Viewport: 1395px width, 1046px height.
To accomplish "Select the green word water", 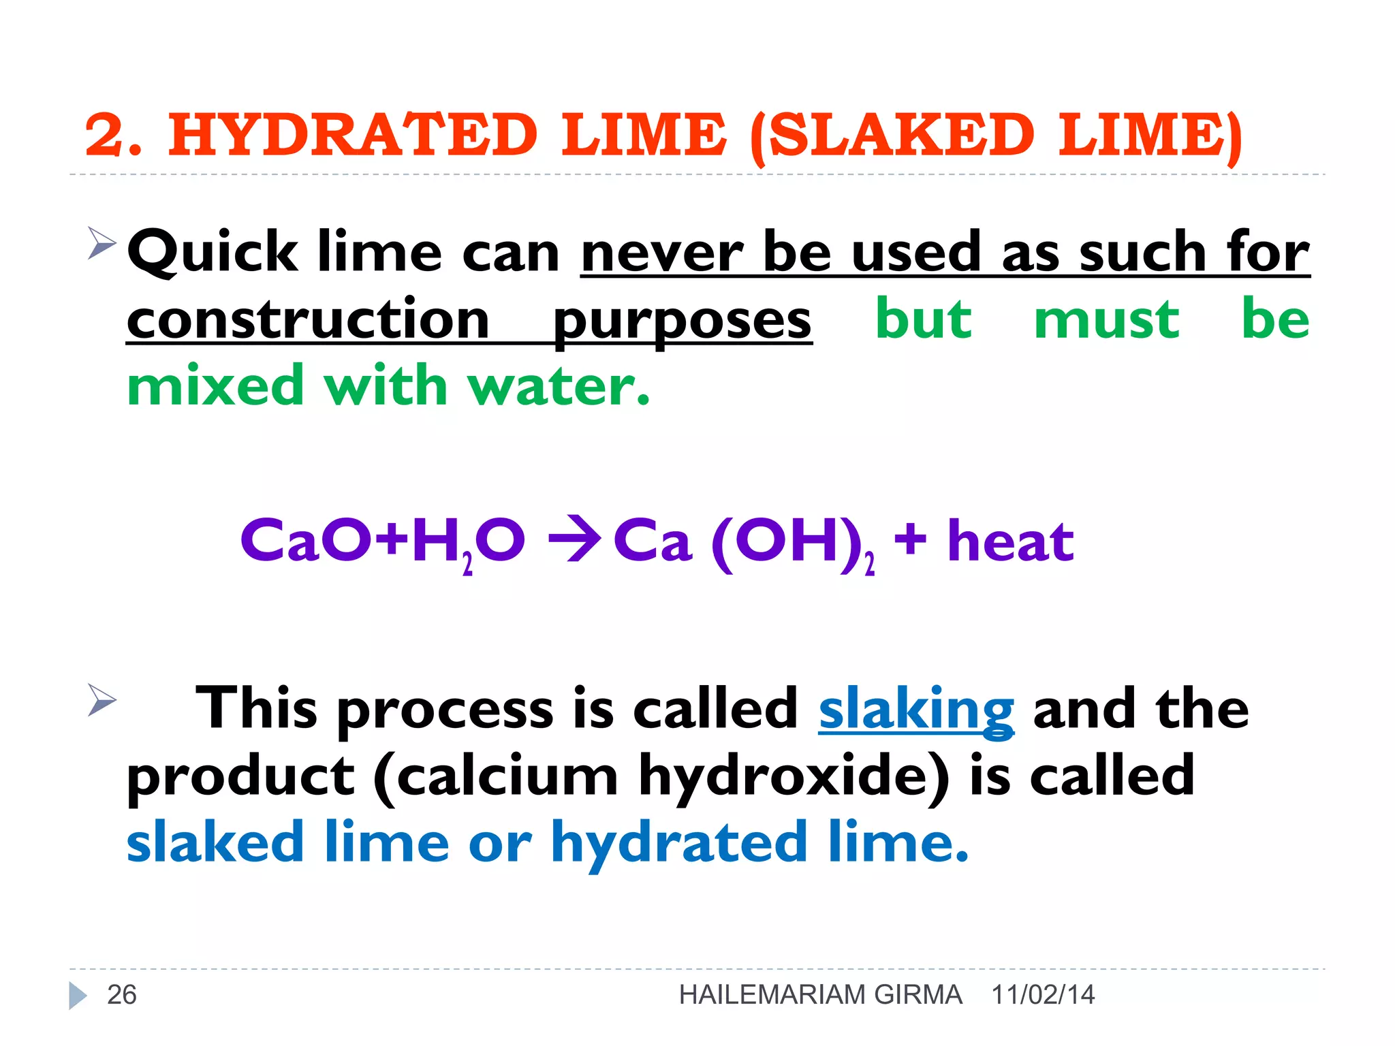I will [x=559, y=385].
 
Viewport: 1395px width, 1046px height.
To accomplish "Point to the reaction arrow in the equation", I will [x=574, y=541].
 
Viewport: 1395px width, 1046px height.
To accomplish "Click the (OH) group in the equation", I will [x=783, y=542].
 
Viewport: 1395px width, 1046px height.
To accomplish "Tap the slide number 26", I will [x=122, y=995].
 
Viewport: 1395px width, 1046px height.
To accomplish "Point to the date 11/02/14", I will [x=1043, y=995].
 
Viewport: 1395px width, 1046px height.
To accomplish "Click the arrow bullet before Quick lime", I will [x=102, y=243].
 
